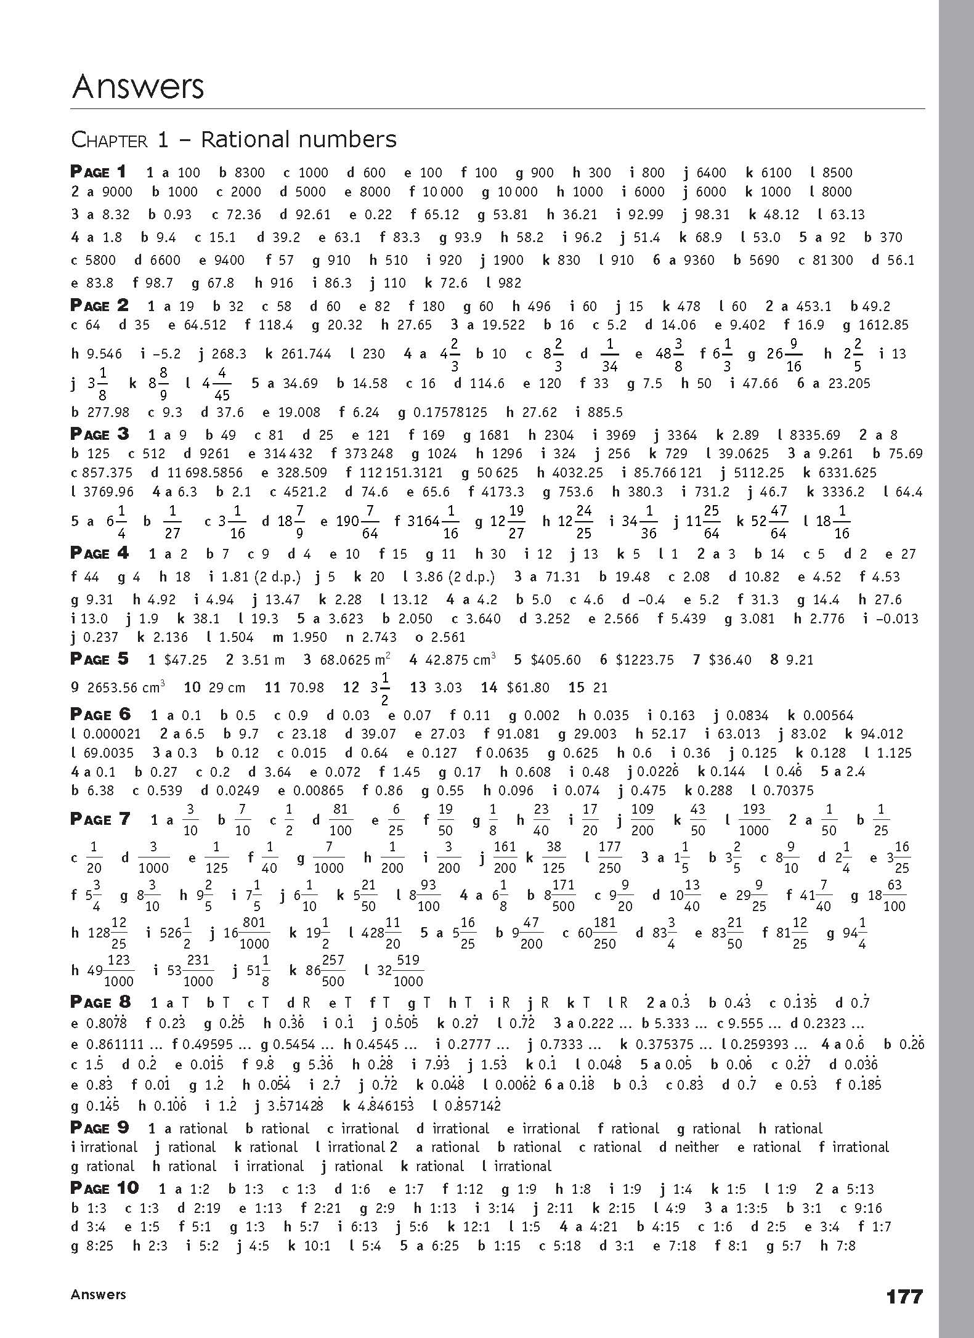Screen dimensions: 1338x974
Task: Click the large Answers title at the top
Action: (x=137, y=86)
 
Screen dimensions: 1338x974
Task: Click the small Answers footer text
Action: (x=98, y=1294)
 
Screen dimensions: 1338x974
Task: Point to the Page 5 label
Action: (x=100, y=659)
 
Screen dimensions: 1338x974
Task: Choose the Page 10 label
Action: (x=105, y=1188)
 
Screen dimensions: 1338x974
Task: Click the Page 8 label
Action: (x=100, y=1002)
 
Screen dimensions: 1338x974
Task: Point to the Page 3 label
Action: (x=100, y=434)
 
